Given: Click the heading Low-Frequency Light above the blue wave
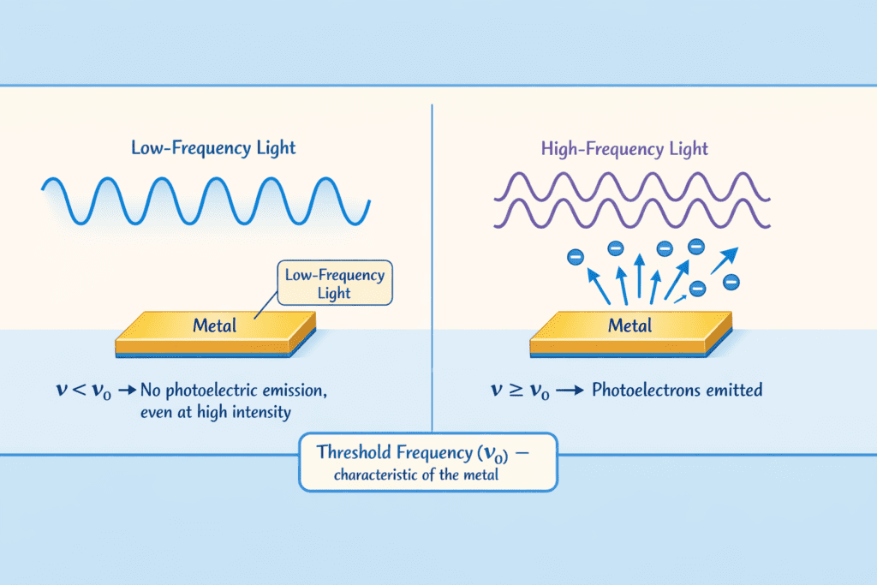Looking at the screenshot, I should pos(213,147).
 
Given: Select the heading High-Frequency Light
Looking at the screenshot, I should pos(624,148).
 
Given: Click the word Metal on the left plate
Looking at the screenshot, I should pos(215,325).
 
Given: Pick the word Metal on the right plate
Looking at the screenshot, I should pos(629,325).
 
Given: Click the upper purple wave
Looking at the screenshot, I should pos(629,185).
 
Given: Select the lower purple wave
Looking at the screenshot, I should pos(629,216).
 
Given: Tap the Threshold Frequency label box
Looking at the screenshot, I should pos(427,461).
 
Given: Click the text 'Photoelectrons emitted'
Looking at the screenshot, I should pos(677,391).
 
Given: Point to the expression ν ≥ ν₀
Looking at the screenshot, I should pos(520,391).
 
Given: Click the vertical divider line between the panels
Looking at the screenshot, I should pos(432,257).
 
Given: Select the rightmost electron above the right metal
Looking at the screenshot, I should pos(731,281).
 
